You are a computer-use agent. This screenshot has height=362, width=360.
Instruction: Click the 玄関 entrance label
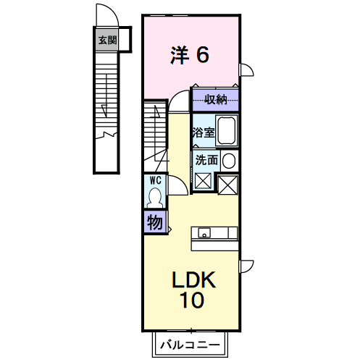107,40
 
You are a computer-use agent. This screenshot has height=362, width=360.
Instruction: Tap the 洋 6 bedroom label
190,55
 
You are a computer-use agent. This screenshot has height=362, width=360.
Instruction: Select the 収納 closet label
216,99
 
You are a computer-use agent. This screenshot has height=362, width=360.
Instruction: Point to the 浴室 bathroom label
204,132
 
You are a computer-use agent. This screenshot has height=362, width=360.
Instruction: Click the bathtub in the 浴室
227,130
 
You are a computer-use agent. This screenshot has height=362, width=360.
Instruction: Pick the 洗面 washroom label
206,160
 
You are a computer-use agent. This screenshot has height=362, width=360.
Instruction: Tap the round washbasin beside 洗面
229,161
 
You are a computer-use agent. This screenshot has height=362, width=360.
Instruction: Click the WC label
156,180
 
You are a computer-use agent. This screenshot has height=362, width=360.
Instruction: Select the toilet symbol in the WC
155,198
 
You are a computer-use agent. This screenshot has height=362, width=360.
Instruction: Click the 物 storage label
154,222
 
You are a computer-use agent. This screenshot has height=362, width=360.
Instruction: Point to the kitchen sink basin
204,233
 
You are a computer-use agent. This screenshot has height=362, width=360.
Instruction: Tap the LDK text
193,279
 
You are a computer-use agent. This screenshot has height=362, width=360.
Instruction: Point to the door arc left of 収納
175,96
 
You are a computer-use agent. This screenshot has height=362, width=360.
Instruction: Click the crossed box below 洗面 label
203,181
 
